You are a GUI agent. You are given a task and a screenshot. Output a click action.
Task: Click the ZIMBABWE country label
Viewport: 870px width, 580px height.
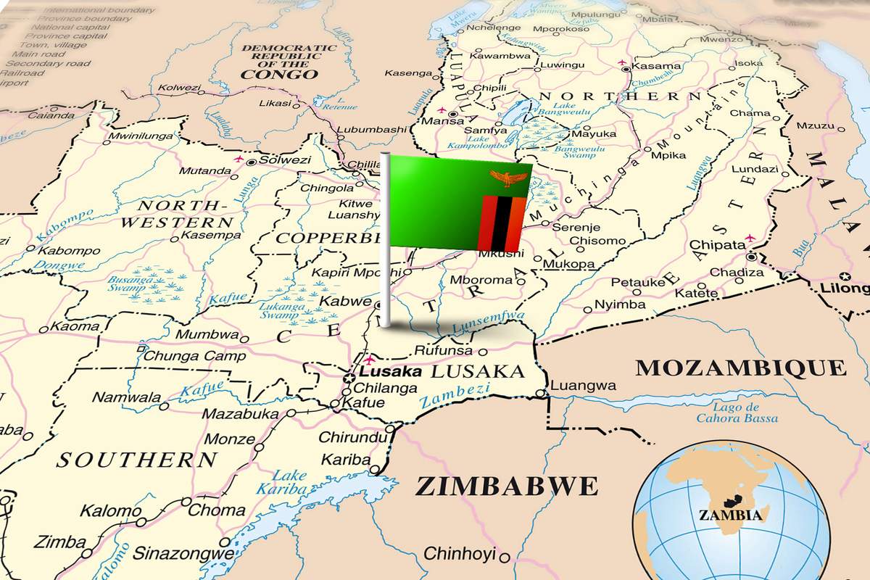click(506, 486)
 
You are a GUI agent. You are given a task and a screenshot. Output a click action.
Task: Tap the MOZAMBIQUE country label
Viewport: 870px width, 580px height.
click(741, 367)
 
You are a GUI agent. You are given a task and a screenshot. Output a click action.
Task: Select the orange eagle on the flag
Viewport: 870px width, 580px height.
click(505, 177)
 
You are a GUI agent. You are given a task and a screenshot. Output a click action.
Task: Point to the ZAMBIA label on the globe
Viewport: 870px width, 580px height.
click(730, 515)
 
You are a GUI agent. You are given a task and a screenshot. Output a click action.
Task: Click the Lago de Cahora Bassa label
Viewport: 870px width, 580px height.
click(737, 413)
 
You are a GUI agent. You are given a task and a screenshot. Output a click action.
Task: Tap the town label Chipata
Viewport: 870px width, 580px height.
click(717, 245)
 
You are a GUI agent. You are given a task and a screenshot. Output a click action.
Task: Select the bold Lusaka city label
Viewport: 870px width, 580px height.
click(395, 371)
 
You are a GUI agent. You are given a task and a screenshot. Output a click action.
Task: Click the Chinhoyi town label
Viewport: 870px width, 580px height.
click(459, 554)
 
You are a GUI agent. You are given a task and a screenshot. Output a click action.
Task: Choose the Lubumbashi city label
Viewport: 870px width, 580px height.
click(371, 129)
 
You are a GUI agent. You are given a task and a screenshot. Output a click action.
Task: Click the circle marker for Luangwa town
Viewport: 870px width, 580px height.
click(540, 394)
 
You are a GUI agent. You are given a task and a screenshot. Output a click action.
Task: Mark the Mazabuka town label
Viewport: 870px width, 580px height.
click(240, 414)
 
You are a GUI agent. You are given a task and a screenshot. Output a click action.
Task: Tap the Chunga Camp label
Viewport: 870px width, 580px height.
click(185, 356)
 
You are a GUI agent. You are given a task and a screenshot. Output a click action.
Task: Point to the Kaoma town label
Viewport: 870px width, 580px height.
click(75, 327)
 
